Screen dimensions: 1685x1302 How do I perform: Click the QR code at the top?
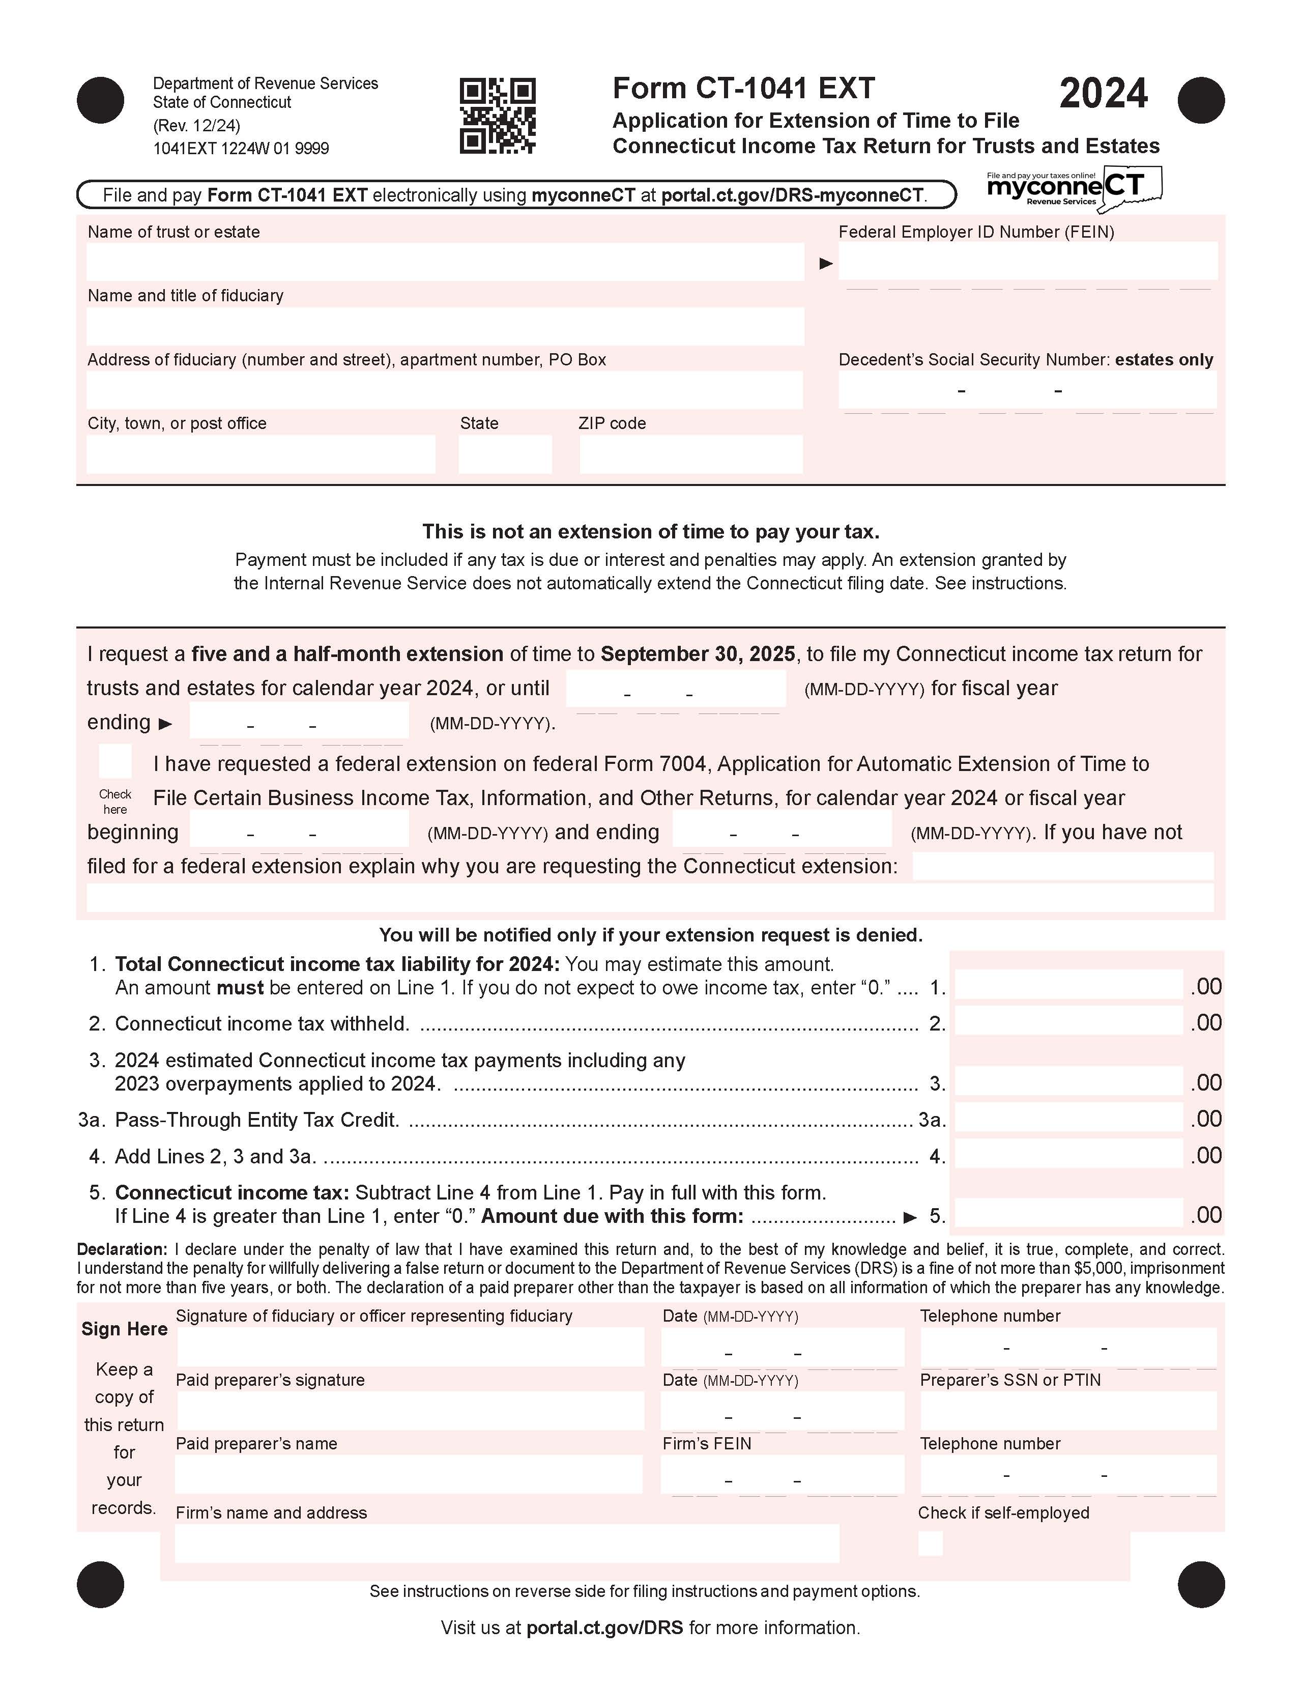point(498,116)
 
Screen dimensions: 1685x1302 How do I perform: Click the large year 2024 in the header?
point(1103,94)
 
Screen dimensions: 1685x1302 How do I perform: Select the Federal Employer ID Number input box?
point(1027,262)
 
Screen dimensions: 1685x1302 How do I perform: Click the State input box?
point(504,454)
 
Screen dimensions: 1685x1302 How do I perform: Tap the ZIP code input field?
point(690,454)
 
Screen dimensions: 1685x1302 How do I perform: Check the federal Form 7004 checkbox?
point(115,761)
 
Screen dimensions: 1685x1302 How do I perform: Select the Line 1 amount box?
point(1068,985)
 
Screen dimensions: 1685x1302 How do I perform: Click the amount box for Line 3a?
point(1068,1118)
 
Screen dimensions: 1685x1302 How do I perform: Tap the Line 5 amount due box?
point(1068,1214)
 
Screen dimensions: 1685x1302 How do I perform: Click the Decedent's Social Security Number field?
point(1027,390)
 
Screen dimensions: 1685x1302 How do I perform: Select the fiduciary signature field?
point(411,1347)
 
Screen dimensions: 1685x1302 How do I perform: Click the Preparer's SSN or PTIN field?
point(1068,1411)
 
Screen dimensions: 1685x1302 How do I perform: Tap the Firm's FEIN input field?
point(782,1475)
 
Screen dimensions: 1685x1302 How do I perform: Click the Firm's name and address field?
point(507,1543)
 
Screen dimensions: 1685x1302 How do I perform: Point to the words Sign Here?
point(124,1329)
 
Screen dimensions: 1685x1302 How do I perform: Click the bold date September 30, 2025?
point(697,654)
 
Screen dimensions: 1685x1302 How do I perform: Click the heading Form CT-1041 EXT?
point(743,89)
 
